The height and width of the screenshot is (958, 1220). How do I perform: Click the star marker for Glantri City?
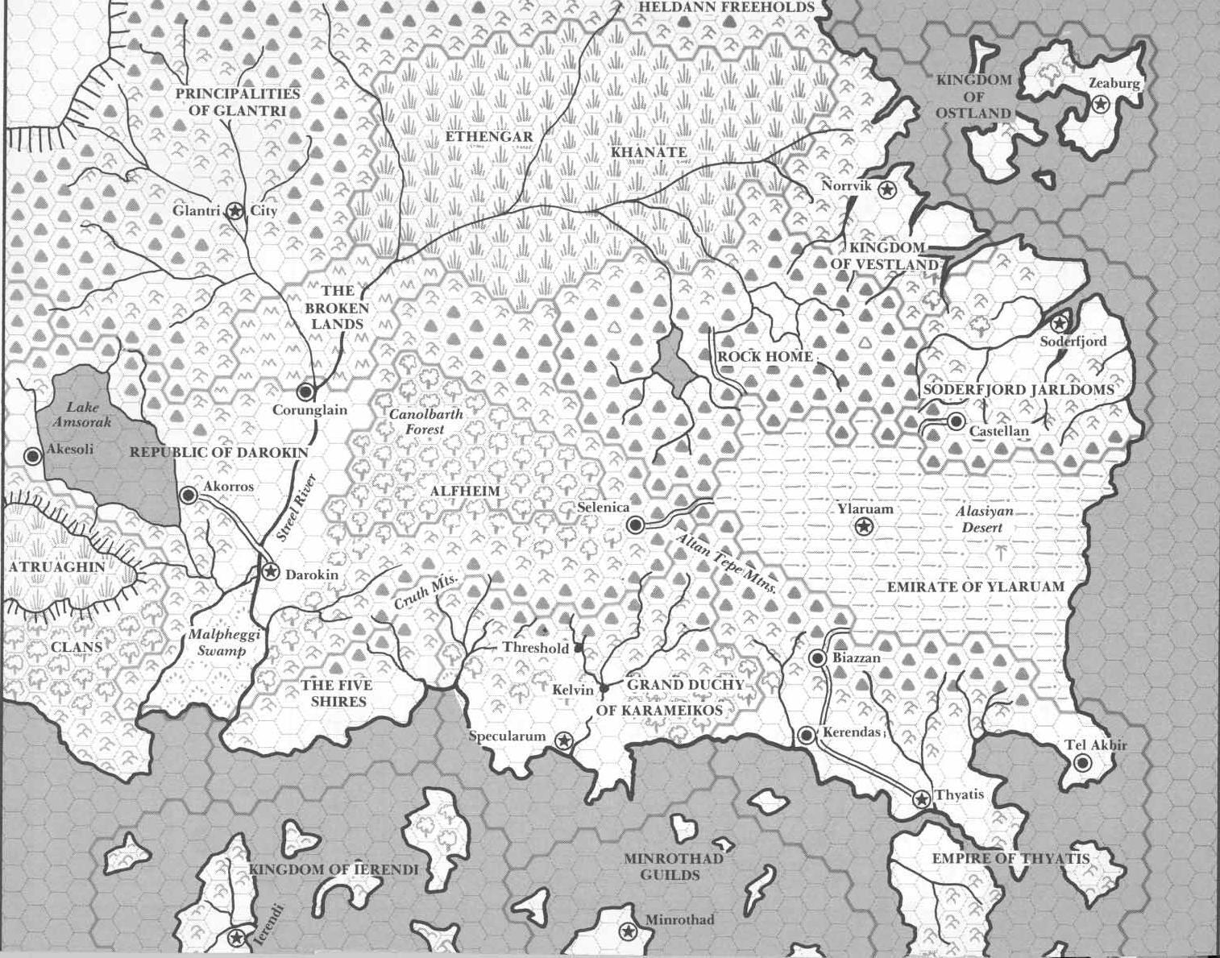[x=234, y=211]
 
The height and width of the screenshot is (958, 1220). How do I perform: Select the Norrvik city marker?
[x=887, y=190]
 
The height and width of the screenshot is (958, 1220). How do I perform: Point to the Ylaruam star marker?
[x=864, y=527]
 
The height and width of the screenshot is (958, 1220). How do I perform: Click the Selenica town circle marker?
[x=635, y=525]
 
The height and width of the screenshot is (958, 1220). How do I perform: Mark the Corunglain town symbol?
[x=305, y=392]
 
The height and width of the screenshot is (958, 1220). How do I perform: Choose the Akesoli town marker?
[x=33, y=456]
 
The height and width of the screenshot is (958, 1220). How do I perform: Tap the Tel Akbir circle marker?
[x=1082, y=763]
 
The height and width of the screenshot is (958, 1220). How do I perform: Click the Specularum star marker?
[x=563, y=740]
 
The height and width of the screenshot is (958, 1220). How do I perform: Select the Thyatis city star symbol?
[x=921, y=799]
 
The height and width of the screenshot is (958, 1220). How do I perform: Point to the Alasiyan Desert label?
[x=983, y=520]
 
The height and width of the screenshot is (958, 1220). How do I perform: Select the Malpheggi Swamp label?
[x=217, y=642]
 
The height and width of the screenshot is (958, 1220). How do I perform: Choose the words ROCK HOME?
[x=765, y=357]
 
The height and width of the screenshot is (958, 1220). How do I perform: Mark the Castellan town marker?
[x=956, y=421]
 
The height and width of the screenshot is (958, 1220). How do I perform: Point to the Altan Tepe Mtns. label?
[x=728, y=565]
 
